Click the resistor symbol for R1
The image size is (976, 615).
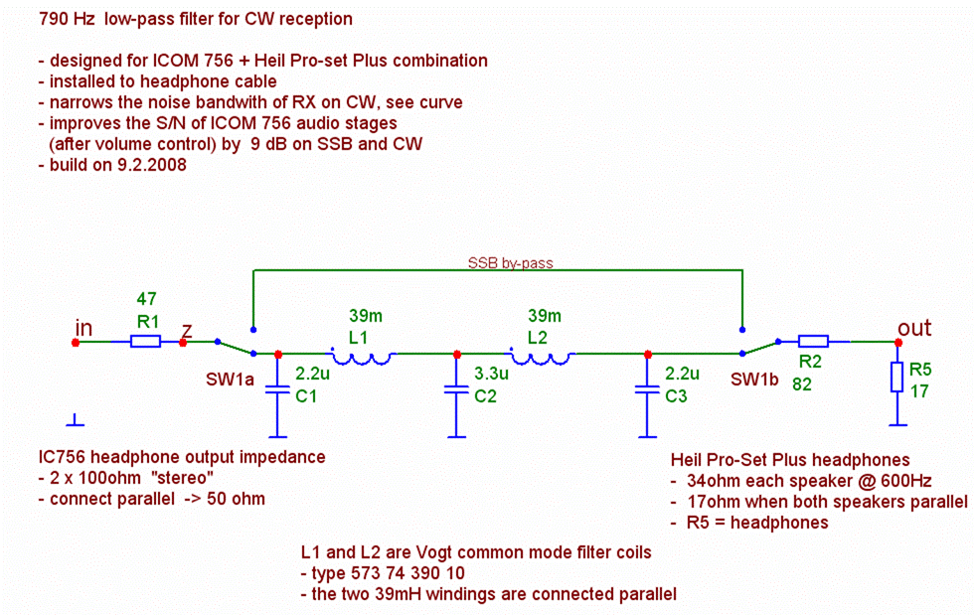pyautogui.click(x=145, y=343)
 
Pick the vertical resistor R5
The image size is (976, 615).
pyautogui.click(x=897, y=377)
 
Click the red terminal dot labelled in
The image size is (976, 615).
pyautogui.click(x=76, y=343)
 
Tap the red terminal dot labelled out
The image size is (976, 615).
pyautogui.click(x=897, y=343)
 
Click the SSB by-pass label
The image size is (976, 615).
pyautogui.click(x=510, y=264)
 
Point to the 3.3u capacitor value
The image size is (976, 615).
pyautogui.click(x=491, y=375)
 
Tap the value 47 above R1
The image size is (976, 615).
pyautogui.click(x=146, y=298)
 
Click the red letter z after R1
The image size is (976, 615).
pyautogui.click(x=185, y=329)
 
